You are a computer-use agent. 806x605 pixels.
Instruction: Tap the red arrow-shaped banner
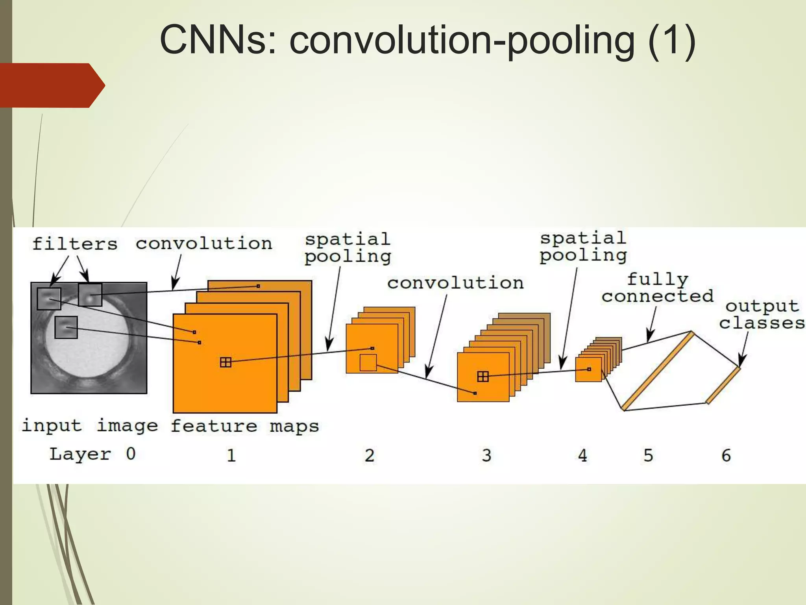click(49, 85)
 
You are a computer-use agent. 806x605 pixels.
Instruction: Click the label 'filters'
click(75, 244)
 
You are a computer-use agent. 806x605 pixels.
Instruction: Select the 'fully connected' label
click(657, 288)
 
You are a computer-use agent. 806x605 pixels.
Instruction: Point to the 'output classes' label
click(762, 314)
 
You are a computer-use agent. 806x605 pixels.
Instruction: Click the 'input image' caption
click(90, 426)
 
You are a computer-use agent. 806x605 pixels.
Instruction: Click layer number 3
click(486, 456)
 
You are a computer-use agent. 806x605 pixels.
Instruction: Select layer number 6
click(726, 456)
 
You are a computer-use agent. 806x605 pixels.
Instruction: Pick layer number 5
click(648, 456)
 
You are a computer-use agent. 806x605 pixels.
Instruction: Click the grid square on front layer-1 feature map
click(226, 362)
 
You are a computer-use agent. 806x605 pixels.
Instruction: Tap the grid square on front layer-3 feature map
click(482, 377)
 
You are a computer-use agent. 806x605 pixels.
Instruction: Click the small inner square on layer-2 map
click(368, 362)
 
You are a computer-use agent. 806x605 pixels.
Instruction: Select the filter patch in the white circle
click(66, 327)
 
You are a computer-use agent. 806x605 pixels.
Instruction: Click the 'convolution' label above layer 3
click(455, 283)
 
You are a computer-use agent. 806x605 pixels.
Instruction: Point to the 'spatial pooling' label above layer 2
click(348, 248)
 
